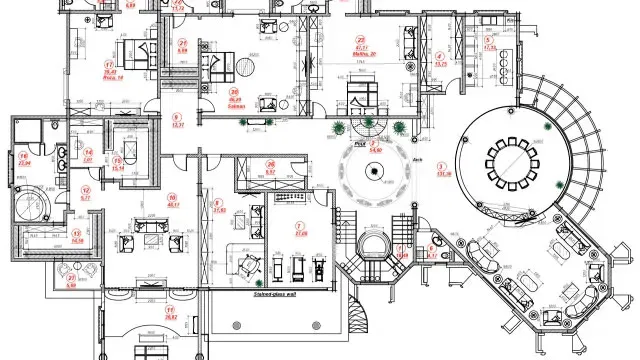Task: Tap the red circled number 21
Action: pos(182,43)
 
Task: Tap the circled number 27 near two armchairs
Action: pos(70,276)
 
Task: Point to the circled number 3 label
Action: pos(441,165)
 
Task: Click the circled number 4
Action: pos(441,56)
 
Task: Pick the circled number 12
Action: pos(86,189)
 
